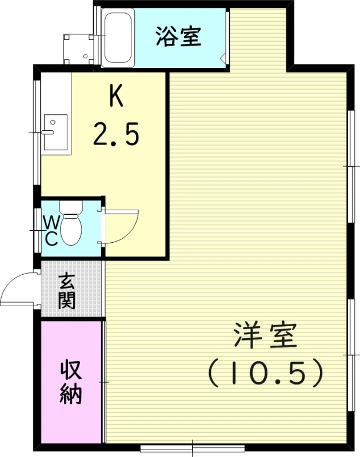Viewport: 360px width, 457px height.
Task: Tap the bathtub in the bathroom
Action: click(118, 37)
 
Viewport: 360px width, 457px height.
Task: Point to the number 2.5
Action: click(116, 135)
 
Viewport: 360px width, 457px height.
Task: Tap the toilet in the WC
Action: click(71, 227)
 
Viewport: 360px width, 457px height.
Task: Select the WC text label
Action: click(51, 230)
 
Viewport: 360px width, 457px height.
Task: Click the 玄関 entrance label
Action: click(67, 291)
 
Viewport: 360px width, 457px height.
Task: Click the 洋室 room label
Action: click(265, 337)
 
